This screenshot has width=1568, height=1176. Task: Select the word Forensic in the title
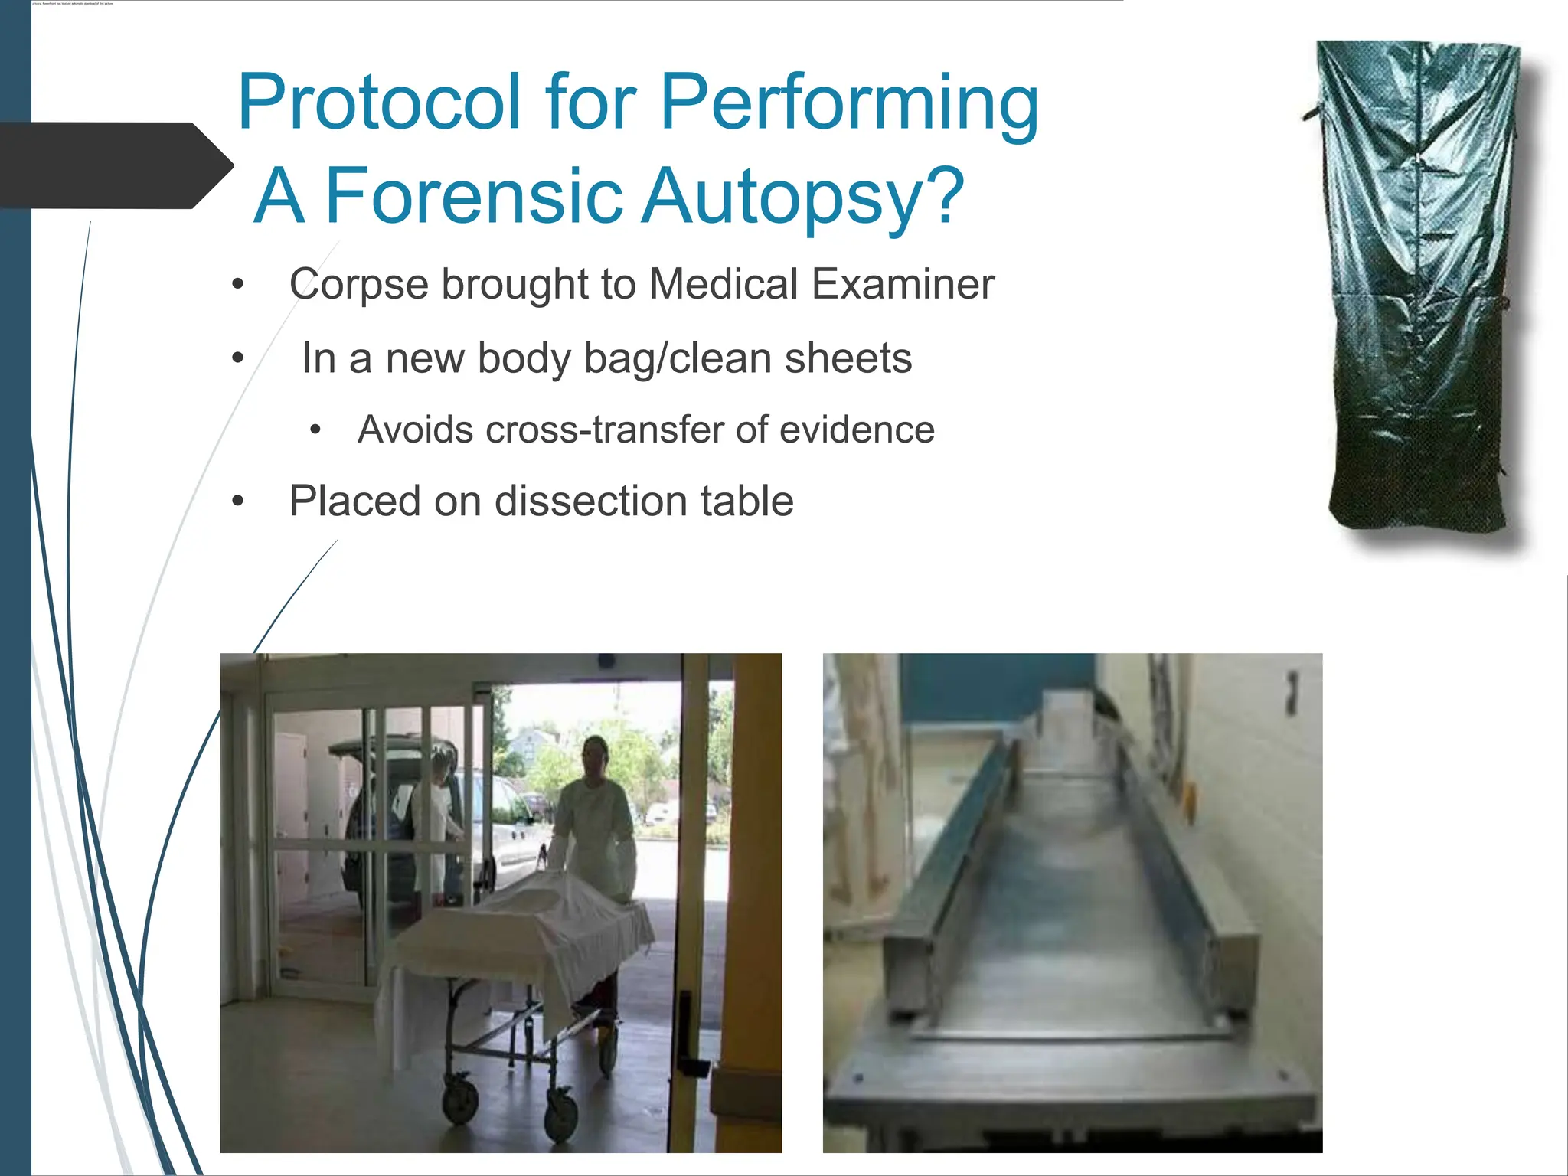(x=475, y=197)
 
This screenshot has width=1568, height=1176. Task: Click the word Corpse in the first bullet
(x=358, y=284)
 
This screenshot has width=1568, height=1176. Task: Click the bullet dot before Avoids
(x=315, y=430)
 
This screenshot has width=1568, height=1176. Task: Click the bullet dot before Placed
(x=238, y=501)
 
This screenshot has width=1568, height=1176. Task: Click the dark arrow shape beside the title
(x=115, y=165)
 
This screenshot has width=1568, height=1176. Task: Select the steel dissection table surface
(x=1072, y=919)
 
